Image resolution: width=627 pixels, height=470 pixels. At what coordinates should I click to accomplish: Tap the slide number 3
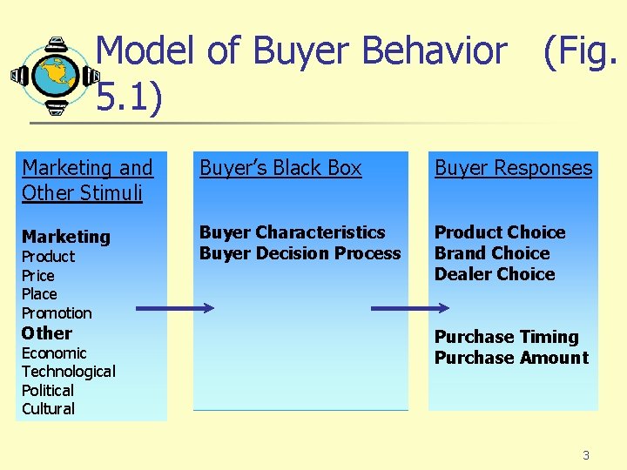tap(586, 455)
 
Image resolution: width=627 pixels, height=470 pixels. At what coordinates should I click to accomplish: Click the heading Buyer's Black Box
tap(280, 169)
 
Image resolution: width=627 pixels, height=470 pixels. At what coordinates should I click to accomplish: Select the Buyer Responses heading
tap(513, 169)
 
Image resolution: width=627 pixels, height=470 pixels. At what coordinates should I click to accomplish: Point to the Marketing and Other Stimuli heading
tap(87, 179)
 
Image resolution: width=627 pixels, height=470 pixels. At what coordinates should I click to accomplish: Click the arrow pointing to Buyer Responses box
tap(410, 308)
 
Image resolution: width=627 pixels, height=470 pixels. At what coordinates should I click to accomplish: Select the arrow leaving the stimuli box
tap(174, 308)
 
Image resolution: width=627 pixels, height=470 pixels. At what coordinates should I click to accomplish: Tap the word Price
tap(38, 276)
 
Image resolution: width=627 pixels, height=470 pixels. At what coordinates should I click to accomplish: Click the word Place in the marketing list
tap(39, 294)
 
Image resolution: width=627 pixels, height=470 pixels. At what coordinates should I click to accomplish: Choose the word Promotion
tap(57, 313)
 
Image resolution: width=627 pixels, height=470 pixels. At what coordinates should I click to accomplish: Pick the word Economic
tap(54, 353)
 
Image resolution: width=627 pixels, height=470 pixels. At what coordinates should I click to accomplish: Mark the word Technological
tap(68, 372)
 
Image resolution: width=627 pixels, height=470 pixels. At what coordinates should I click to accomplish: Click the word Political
tap(48, 391)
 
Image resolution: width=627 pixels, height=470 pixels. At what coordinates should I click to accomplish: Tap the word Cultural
tap(48, 409)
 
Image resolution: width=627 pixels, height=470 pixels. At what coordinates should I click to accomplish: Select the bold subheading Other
tap(47, 333)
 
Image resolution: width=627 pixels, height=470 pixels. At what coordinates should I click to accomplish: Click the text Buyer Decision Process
tap(300, 253)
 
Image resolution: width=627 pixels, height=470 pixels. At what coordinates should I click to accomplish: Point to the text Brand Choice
tap(492, 253)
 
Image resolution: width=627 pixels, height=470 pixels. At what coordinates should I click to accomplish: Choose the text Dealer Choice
tap(495, 274)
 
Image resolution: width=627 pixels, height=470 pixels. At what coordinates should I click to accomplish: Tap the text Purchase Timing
tap(506, 337)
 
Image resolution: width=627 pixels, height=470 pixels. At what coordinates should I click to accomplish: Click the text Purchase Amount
tap(511, 358)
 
